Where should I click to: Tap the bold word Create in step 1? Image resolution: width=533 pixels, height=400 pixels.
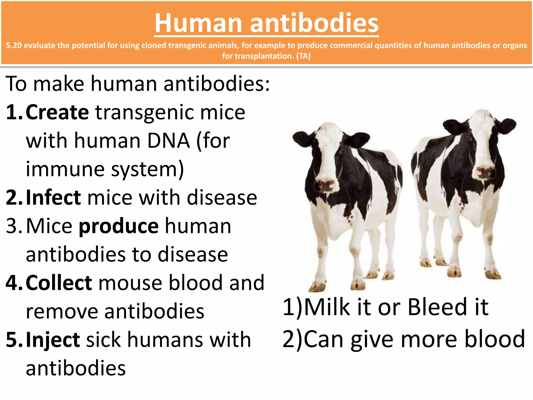point(57,112)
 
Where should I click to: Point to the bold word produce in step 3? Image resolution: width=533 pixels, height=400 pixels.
point(119,226)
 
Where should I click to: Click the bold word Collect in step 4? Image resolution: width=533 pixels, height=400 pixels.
point(59,283)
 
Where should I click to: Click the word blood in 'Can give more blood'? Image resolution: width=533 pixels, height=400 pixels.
point(495,339)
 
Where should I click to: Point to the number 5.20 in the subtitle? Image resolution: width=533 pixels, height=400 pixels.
point(14,46)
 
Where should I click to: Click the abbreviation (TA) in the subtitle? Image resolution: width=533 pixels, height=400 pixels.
point(303,56)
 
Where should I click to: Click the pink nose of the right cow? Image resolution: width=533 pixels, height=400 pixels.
point(484,172)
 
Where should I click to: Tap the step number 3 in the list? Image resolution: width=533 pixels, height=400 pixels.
point(11,226)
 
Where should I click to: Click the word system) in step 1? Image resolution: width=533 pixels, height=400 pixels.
point(148,169)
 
